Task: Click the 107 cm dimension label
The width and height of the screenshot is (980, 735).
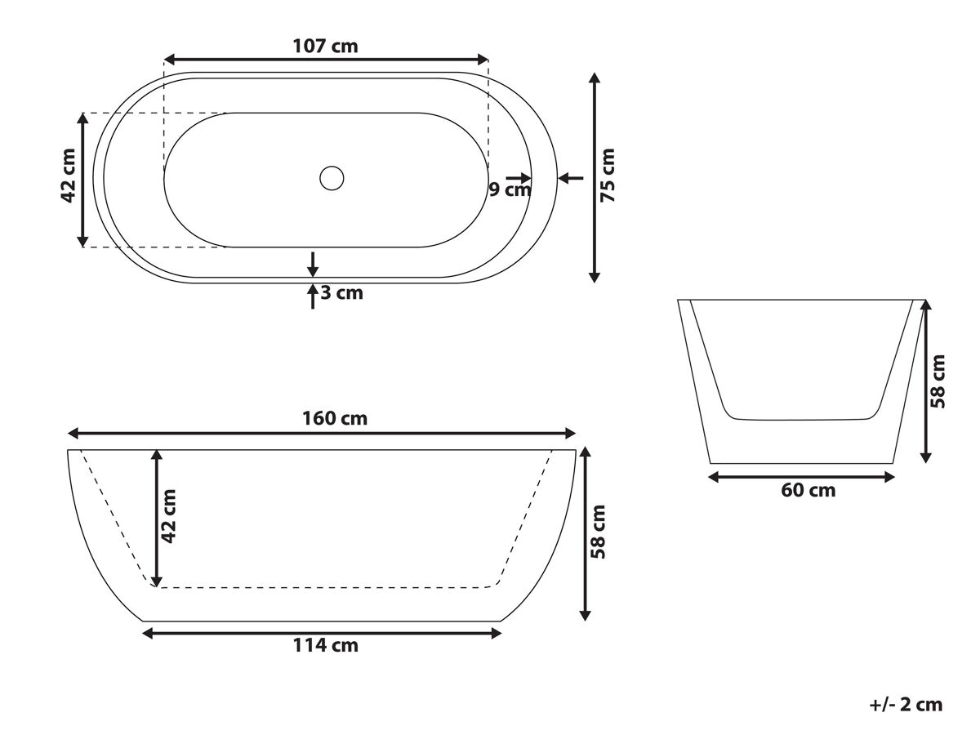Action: click(325, 46)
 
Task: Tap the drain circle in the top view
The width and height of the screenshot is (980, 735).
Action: click(332, 178)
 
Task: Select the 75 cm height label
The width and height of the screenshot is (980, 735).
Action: click(608, 176)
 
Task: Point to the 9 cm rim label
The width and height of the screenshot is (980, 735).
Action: click(510, 189)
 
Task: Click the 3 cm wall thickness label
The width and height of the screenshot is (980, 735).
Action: click(341, 292)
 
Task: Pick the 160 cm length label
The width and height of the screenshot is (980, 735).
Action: click(335, 418)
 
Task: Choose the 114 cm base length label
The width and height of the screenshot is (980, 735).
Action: click(326, 645)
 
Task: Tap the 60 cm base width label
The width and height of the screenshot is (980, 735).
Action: click(808, 491)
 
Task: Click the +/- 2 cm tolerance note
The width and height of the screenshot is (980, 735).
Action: click(906, 705)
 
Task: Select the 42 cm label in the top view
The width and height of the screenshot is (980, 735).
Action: click(69, 176)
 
